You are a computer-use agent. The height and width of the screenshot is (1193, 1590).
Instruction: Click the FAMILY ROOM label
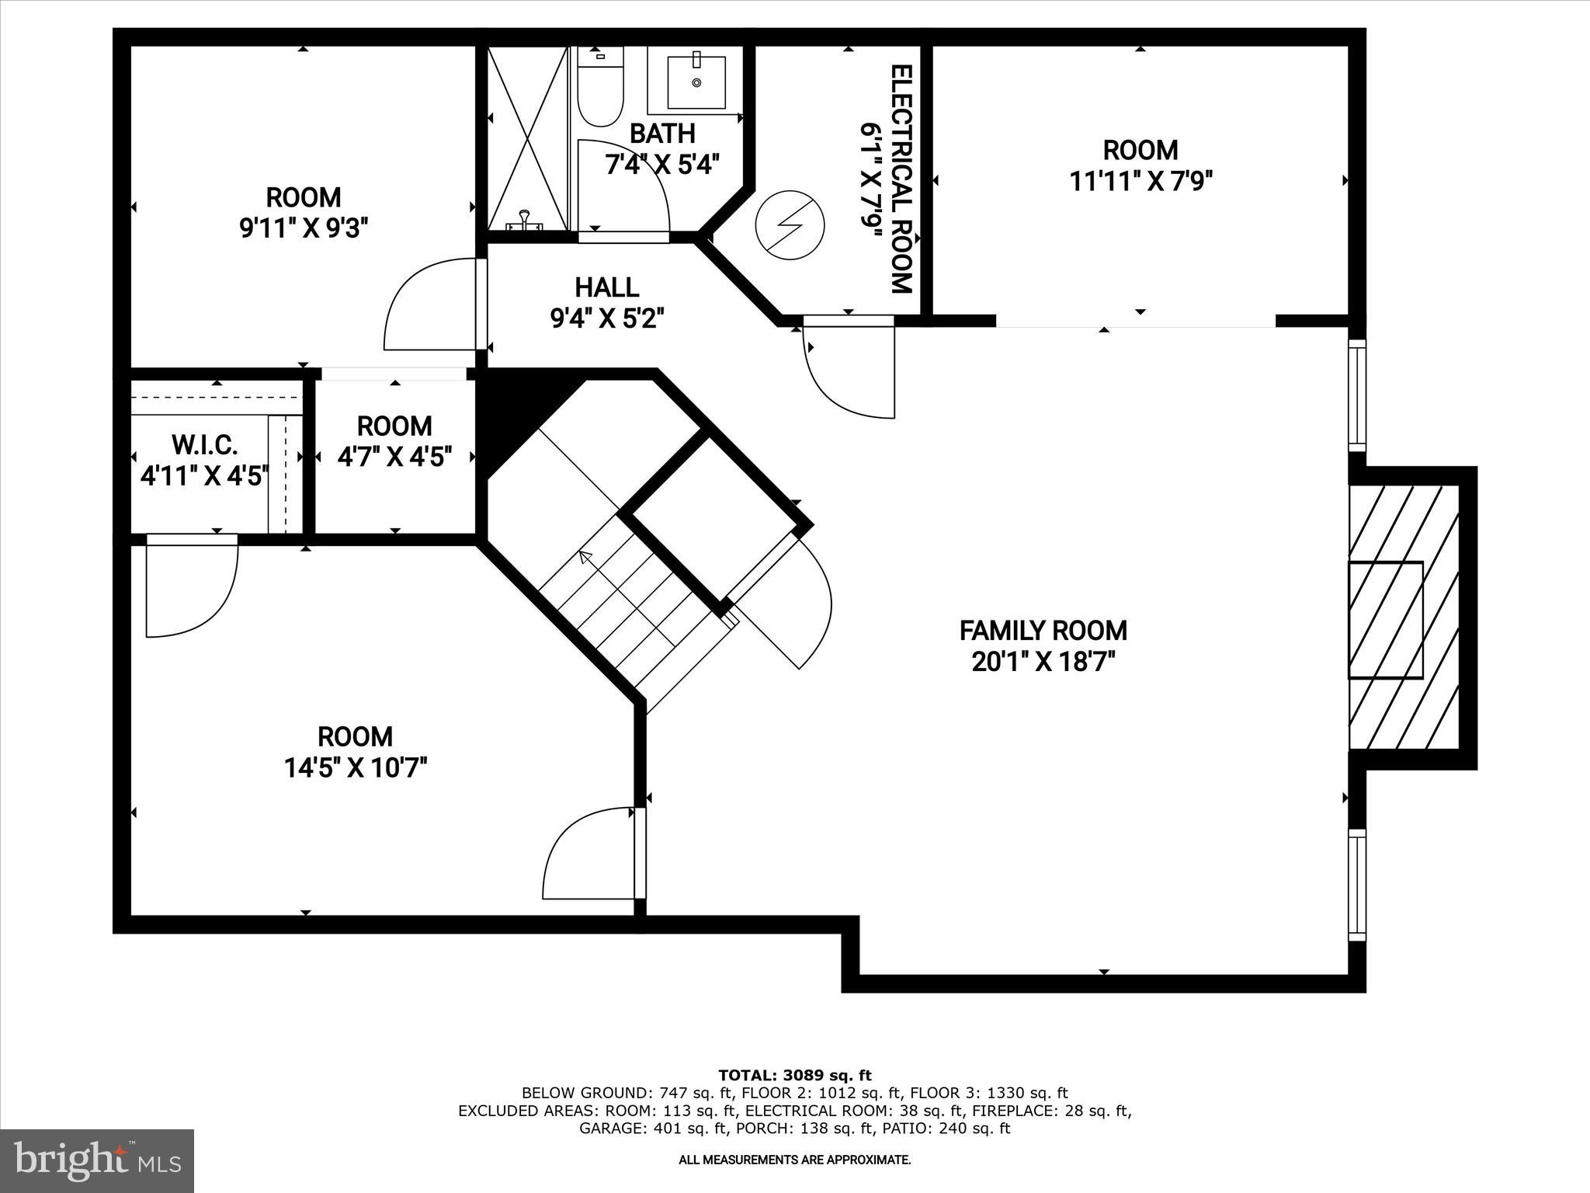point(1043,630)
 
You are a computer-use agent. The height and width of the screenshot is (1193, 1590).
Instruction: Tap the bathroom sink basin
point(696,80)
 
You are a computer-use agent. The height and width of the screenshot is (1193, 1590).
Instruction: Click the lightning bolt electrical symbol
point(790,224)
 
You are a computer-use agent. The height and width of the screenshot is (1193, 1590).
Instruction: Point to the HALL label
point(606,287)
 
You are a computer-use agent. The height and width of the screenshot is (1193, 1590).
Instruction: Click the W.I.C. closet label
point(204,445)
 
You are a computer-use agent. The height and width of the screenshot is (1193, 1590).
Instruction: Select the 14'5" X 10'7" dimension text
point(355,768)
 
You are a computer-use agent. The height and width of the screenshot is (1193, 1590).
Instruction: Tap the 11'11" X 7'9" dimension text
point(1140,181)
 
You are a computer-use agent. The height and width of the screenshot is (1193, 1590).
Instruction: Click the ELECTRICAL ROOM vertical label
point(900,179)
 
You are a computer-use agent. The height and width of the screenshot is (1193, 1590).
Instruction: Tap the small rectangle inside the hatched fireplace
point(1385,620)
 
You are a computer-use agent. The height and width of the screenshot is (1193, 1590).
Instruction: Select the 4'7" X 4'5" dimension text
point(394,457)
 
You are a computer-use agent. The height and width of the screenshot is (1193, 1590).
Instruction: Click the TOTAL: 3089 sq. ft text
point(794,1075)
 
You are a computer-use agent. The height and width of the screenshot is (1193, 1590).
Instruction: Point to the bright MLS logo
point(97,1160)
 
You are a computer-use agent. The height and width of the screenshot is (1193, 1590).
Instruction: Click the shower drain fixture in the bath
point(526,221)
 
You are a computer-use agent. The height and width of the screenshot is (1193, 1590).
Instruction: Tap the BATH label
point(661,134)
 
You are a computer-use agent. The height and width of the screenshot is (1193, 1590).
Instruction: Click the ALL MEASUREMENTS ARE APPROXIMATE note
point(794,1160)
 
